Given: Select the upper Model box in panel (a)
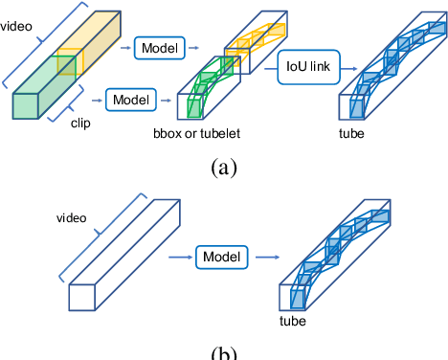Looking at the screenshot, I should (x=160, y=47).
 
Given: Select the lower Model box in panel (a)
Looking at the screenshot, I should (x=133, y=98).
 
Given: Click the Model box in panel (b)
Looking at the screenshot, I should (x=222, y=257).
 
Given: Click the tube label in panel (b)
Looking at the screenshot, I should (x=292, y=323).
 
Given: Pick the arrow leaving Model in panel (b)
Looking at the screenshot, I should (x=262, y=257).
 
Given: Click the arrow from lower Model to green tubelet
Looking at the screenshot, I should (x=168, y=98).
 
